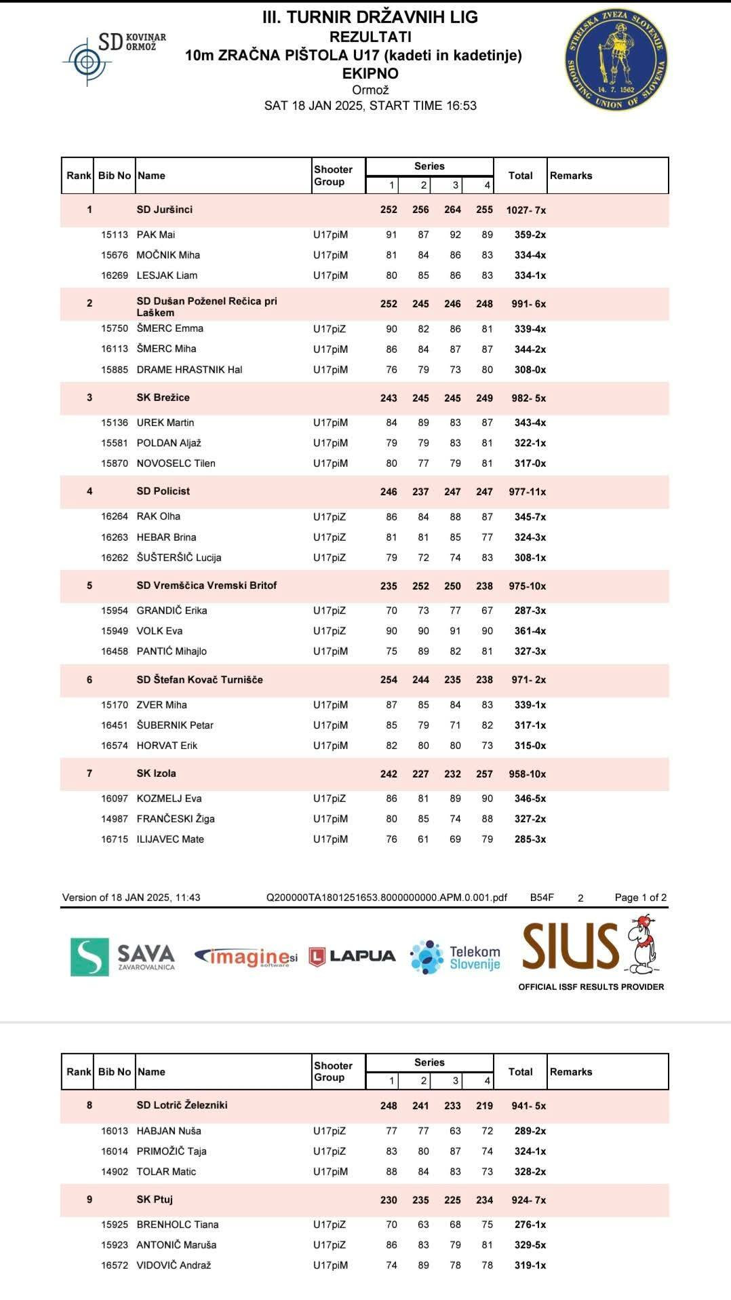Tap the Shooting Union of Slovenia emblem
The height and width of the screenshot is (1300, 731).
tap(616, 60)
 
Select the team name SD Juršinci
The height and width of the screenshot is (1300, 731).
tap(164, 210)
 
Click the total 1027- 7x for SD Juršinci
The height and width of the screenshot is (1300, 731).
tap(526, 210)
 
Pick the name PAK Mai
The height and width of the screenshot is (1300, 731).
tap(156, 235)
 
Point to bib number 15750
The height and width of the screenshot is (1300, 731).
tap(115, 328)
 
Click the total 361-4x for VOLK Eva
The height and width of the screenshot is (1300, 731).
tap(530, 631)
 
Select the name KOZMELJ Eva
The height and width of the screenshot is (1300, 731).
tap(169, 799)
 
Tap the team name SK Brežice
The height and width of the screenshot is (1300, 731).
tap(163, 398)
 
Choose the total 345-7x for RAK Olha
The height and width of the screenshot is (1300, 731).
tap(530, 517)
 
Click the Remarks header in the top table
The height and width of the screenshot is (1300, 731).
tap(571, 176)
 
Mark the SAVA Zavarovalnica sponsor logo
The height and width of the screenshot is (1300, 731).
tap(123, 957)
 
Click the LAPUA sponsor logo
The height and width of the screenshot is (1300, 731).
tap(352, 956)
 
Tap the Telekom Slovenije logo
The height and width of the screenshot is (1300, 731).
tap(455, 957)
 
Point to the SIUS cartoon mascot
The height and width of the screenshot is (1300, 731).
tap(641, 944)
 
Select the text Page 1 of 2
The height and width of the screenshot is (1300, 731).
tap(640, 898)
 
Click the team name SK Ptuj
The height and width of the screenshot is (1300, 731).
tap(155, 1200)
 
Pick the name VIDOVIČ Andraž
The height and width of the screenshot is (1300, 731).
tap(174, 1265)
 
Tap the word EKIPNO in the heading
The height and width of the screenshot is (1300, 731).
tap(370, 73)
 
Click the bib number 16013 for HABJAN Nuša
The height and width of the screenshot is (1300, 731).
tap(115, 1131)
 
